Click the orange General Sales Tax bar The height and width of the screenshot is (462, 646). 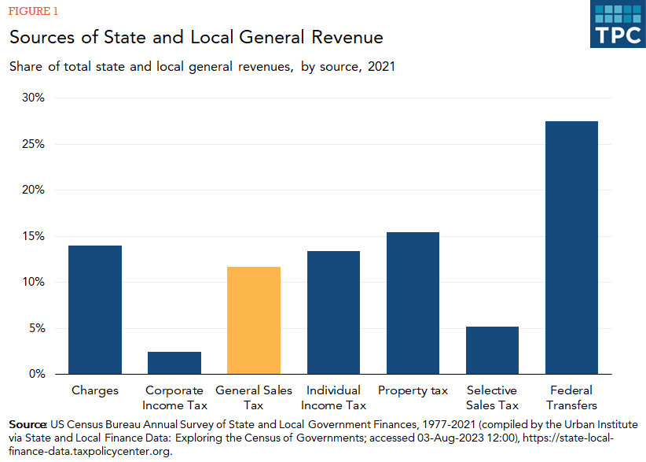coord(253,320)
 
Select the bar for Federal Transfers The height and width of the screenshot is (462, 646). coord(571,248)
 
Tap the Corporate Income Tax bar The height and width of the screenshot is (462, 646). coord(174,363)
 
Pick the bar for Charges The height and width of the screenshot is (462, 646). coord(95,310)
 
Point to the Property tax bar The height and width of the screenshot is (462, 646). coord(413,303)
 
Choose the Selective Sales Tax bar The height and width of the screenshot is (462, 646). coord(492,350)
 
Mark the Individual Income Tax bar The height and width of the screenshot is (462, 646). coord(333,312)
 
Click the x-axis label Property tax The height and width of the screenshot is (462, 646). coord(413,390)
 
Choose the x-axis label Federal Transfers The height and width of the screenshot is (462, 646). coord(571,397)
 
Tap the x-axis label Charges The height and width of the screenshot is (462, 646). coord(95,390)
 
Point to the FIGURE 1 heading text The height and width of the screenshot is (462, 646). coord(33,12)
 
